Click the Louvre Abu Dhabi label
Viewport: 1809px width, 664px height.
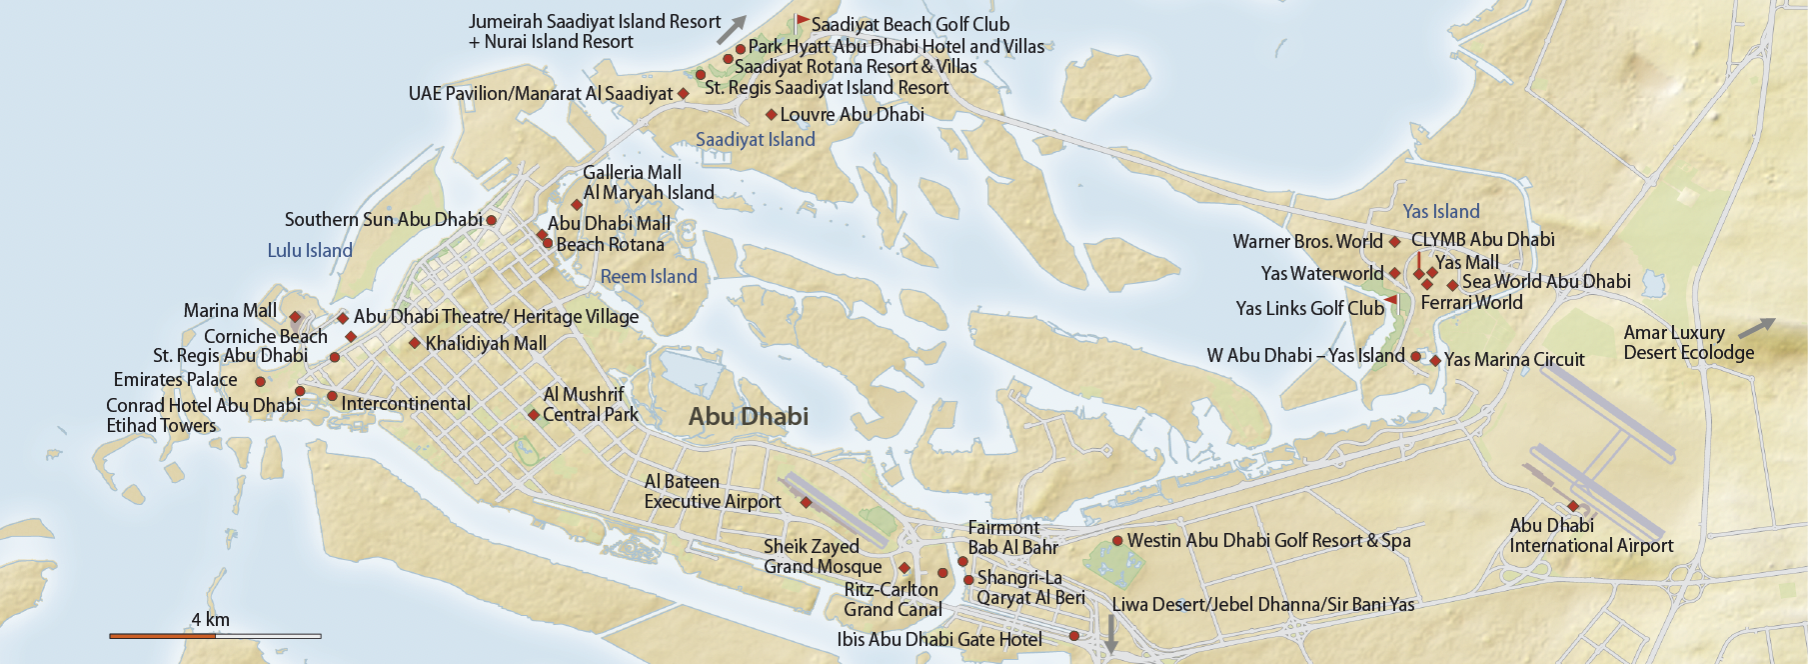click(x=852, y=115)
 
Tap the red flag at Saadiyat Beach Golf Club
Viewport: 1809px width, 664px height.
click(x=802, y=20)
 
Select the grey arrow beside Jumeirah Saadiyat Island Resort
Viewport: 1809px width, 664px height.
click(x=732, y=29)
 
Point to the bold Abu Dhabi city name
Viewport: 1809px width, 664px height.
click(x=748, y=417)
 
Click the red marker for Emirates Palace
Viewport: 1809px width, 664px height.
click(x=260, y=381)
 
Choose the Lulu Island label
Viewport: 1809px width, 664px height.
click(x=310, y=251)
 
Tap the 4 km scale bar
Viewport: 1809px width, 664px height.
click(x=215, y=635)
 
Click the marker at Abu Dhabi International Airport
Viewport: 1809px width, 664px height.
click(x=1572, y=506)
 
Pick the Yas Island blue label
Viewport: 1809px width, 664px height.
click(x=1440, y=212)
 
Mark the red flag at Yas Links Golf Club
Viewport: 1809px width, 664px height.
click(x=1391, y=299)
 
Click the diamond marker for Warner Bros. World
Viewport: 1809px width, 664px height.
click(x=1394, y=242)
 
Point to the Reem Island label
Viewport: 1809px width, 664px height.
click(x=649, y=277)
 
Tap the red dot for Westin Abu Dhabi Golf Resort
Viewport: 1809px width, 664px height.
click(x=1117, y=541)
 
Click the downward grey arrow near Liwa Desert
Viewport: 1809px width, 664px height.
click(x=1110, y=633)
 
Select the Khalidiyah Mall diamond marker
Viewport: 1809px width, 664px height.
click(x=415, y=343)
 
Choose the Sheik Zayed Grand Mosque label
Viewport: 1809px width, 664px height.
click(x=822, y=557)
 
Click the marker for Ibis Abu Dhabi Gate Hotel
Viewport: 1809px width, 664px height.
click(x=1074, y=636)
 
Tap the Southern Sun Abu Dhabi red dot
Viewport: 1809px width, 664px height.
click(x=491, y=220)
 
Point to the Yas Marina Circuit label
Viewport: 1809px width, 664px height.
click(x=1514, y=360)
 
